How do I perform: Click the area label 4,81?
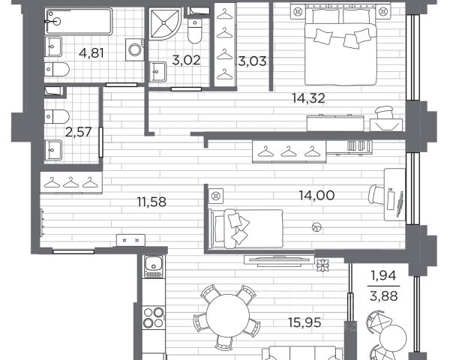point(91,53)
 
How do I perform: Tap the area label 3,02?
point(186,60)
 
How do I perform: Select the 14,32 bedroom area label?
point(308,98)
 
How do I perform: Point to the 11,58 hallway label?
point(151,202)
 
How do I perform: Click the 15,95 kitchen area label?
point(304,322)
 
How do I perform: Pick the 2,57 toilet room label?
point(78,132)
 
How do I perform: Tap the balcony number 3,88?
point(384,295)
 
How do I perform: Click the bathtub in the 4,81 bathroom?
point(79,22)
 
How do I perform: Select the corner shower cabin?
point(165,23)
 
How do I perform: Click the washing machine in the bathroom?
point(134,49)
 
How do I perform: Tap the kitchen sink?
point(154,267)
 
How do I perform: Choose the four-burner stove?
point(153,317)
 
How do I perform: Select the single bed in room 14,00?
point(246,228)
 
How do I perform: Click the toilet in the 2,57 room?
point(57,116)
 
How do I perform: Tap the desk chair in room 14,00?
point(376,195)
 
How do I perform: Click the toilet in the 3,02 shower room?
point(195,31)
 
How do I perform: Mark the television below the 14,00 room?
point(279,260)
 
